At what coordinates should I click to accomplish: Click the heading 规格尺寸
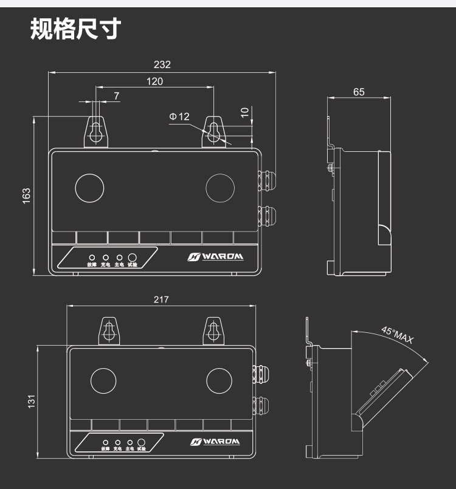(75, 29)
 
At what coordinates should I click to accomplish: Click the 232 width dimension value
(162, 65)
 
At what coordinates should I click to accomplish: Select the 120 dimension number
(154, 81)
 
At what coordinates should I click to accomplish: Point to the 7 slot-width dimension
(116, 96)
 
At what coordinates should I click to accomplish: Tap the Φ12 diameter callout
(179, 116)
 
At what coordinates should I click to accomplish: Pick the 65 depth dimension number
(359, 92)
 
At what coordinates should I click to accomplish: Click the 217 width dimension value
(161, 299)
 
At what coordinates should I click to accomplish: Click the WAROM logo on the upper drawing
(215, 256)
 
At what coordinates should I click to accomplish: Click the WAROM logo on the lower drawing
(215, 442)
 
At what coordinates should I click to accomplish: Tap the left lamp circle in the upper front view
(90, 187)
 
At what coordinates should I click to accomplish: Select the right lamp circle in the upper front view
(220, 187)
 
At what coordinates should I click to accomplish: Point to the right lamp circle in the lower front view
(219, 380)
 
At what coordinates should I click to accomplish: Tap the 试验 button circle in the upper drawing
(133, 258)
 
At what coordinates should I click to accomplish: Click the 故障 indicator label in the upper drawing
(92, 265)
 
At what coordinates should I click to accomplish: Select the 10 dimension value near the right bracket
(244, 112)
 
